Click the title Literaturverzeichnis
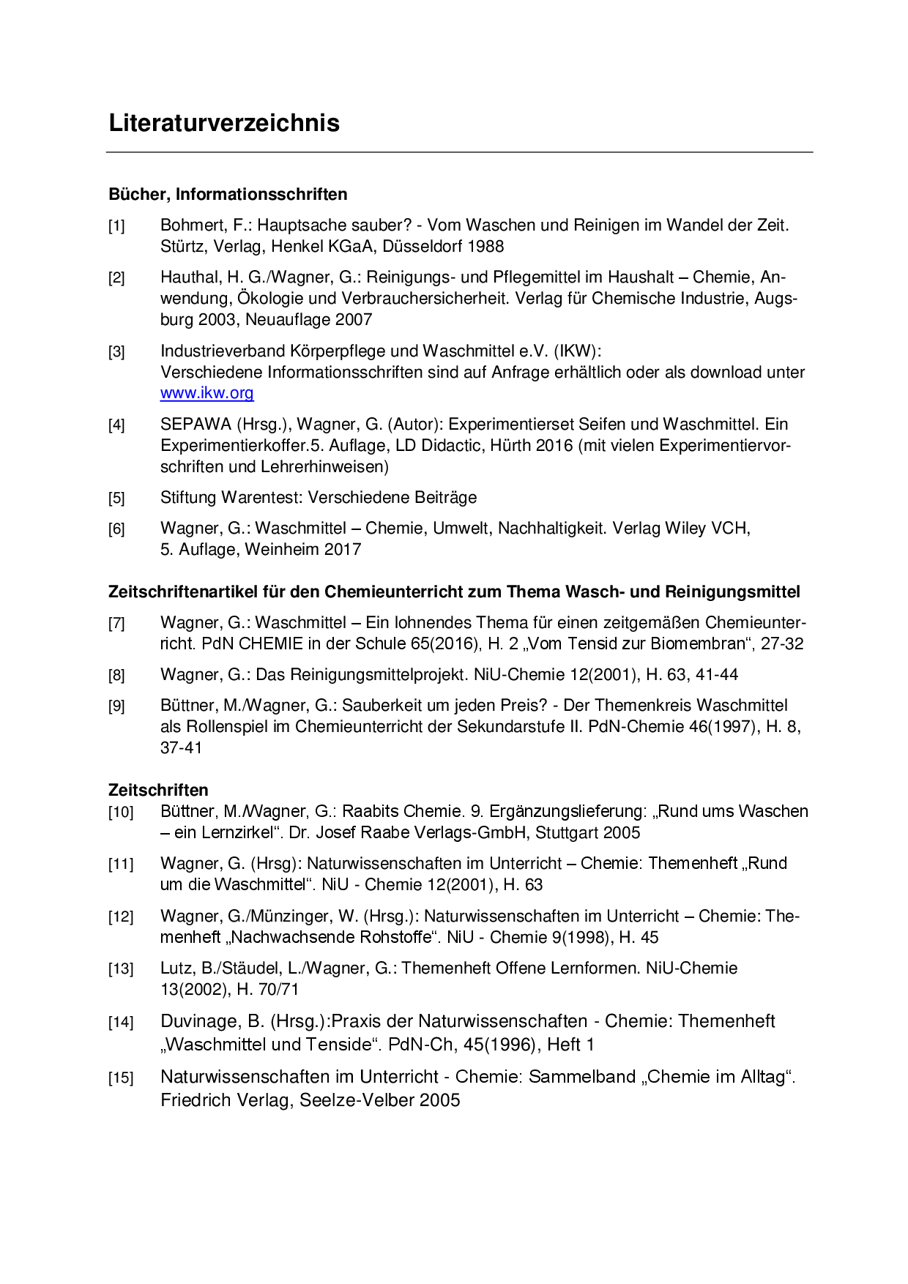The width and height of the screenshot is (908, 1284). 224,123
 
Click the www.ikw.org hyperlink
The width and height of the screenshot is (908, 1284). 207,393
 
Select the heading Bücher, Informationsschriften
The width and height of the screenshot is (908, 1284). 228,194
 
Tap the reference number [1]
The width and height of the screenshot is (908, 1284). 116,226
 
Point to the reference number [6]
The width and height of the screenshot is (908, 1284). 116,529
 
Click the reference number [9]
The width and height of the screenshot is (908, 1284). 116,706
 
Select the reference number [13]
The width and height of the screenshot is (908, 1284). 121,969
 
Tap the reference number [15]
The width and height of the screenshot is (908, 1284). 121,1078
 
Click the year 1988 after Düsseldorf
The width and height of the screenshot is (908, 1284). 485,247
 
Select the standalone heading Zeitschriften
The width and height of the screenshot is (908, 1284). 158,790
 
